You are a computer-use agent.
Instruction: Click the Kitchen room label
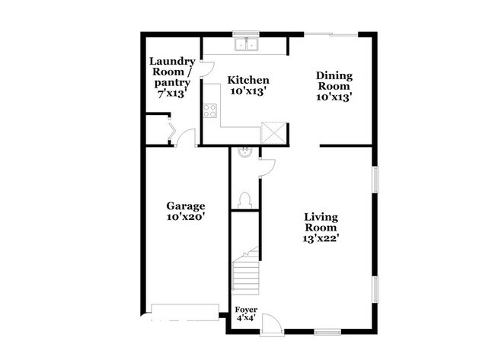point(248,80)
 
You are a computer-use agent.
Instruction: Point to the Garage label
point(186,205)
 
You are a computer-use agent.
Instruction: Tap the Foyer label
point(246,310)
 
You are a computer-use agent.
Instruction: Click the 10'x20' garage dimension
point(186,217)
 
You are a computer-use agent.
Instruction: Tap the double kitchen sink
point(247,44)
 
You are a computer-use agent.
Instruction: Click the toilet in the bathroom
point(245,200)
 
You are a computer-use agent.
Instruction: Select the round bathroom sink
point(245,152)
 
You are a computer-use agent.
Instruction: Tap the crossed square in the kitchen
point(272,132)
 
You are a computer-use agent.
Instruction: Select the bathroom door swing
point(266,167)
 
